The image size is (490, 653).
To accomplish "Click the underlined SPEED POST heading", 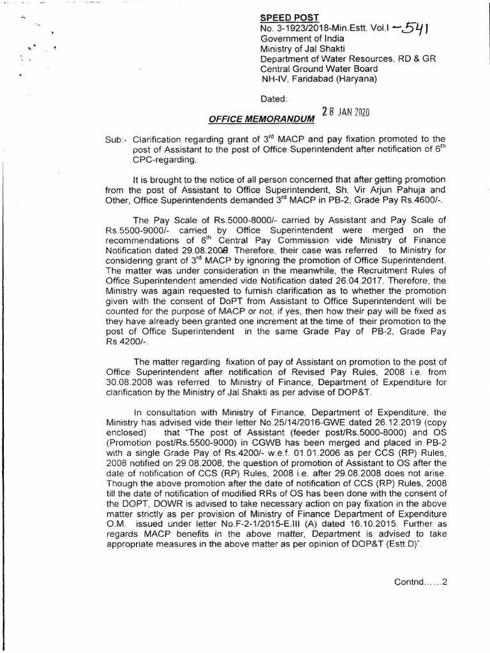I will tap(287, 17).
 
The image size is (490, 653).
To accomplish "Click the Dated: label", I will tap(274, 99).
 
